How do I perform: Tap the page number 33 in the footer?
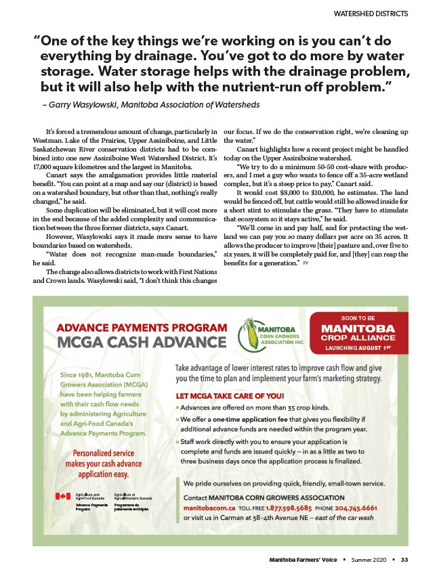[x=404, y=559]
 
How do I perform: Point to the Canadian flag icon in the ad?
[x=63, y=496]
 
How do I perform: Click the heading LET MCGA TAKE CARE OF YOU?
[x=230, y=395]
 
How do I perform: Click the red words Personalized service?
[x=104, y=453]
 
